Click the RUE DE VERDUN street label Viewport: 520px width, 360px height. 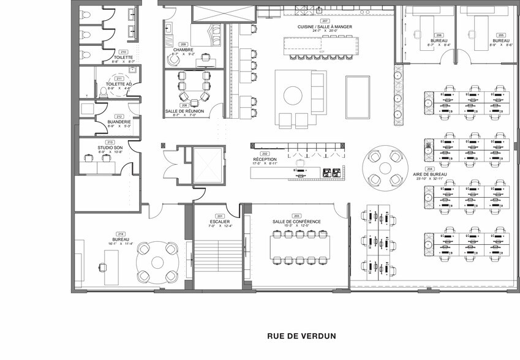pyautogui.click(x=301, y=336)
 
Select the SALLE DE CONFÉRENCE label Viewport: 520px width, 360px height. pyautogui.click(x=296, y=222)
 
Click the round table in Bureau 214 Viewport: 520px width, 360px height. pyautogui.click(x=156, y=261)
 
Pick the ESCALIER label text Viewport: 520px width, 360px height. pyautogui.click(x=219, y=222)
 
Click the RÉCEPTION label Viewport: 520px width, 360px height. pyautogui.click(x=265, y=159)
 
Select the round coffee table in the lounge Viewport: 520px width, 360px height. pyautogui.click(x=292, y=96)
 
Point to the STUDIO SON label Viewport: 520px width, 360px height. pyautogui.click(x=110, y=148)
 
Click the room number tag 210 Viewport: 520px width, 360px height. pyautogui.click(x=123, y=52)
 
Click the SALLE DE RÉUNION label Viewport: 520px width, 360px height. pyautogui.click(x=184, y=111)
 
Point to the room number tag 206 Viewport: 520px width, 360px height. pyautogui.click(x=439, y=35)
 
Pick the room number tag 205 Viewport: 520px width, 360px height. pyautogui.click(x=501, y=35)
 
